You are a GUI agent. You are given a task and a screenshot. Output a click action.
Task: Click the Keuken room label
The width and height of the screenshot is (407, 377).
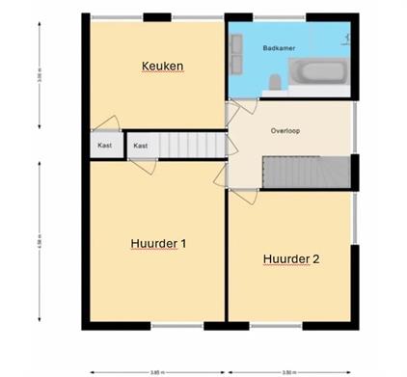(162, 66)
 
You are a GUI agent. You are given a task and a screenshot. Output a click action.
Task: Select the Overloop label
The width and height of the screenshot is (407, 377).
(285, 130)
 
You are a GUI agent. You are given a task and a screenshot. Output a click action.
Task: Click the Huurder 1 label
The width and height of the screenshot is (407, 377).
(157, 244)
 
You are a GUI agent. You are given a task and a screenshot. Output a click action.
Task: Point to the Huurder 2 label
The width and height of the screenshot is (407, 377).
(290, 258)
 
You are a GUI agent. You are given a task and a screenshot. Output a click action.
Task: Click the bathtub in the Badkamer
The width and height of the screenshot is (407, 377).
(318, 73)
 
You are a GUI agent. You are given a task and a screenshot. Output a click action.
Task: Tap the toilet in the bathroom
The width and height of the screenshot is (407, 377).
(275, 83)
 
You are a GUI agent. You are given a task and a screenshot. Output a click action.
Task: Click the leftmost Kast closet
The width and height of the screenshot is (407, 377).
(105, 146)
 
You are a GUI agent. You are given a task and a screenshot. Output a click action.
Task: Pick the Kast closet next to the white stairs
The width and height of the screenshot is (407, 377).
(141, 146)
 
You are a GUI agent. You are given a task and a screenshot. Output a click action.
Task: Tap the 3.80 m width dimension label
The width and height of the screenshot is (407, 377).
(288, 370)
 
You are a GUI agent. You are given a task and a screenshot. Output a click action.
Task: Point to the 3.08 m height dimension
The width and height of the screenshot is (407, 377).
(40, 72)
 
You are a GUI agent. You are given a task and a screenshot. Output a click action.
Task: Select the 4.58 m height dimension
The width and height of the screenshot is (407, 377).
(40, 241)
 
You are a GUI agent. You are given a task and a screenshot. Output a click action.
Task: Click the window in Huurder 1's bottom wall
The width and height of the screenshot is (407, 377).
(178, 326)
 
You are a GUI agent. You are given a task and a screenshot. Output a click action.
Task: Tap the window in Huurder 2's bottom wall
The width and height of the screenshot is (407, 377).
(277, 326)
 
